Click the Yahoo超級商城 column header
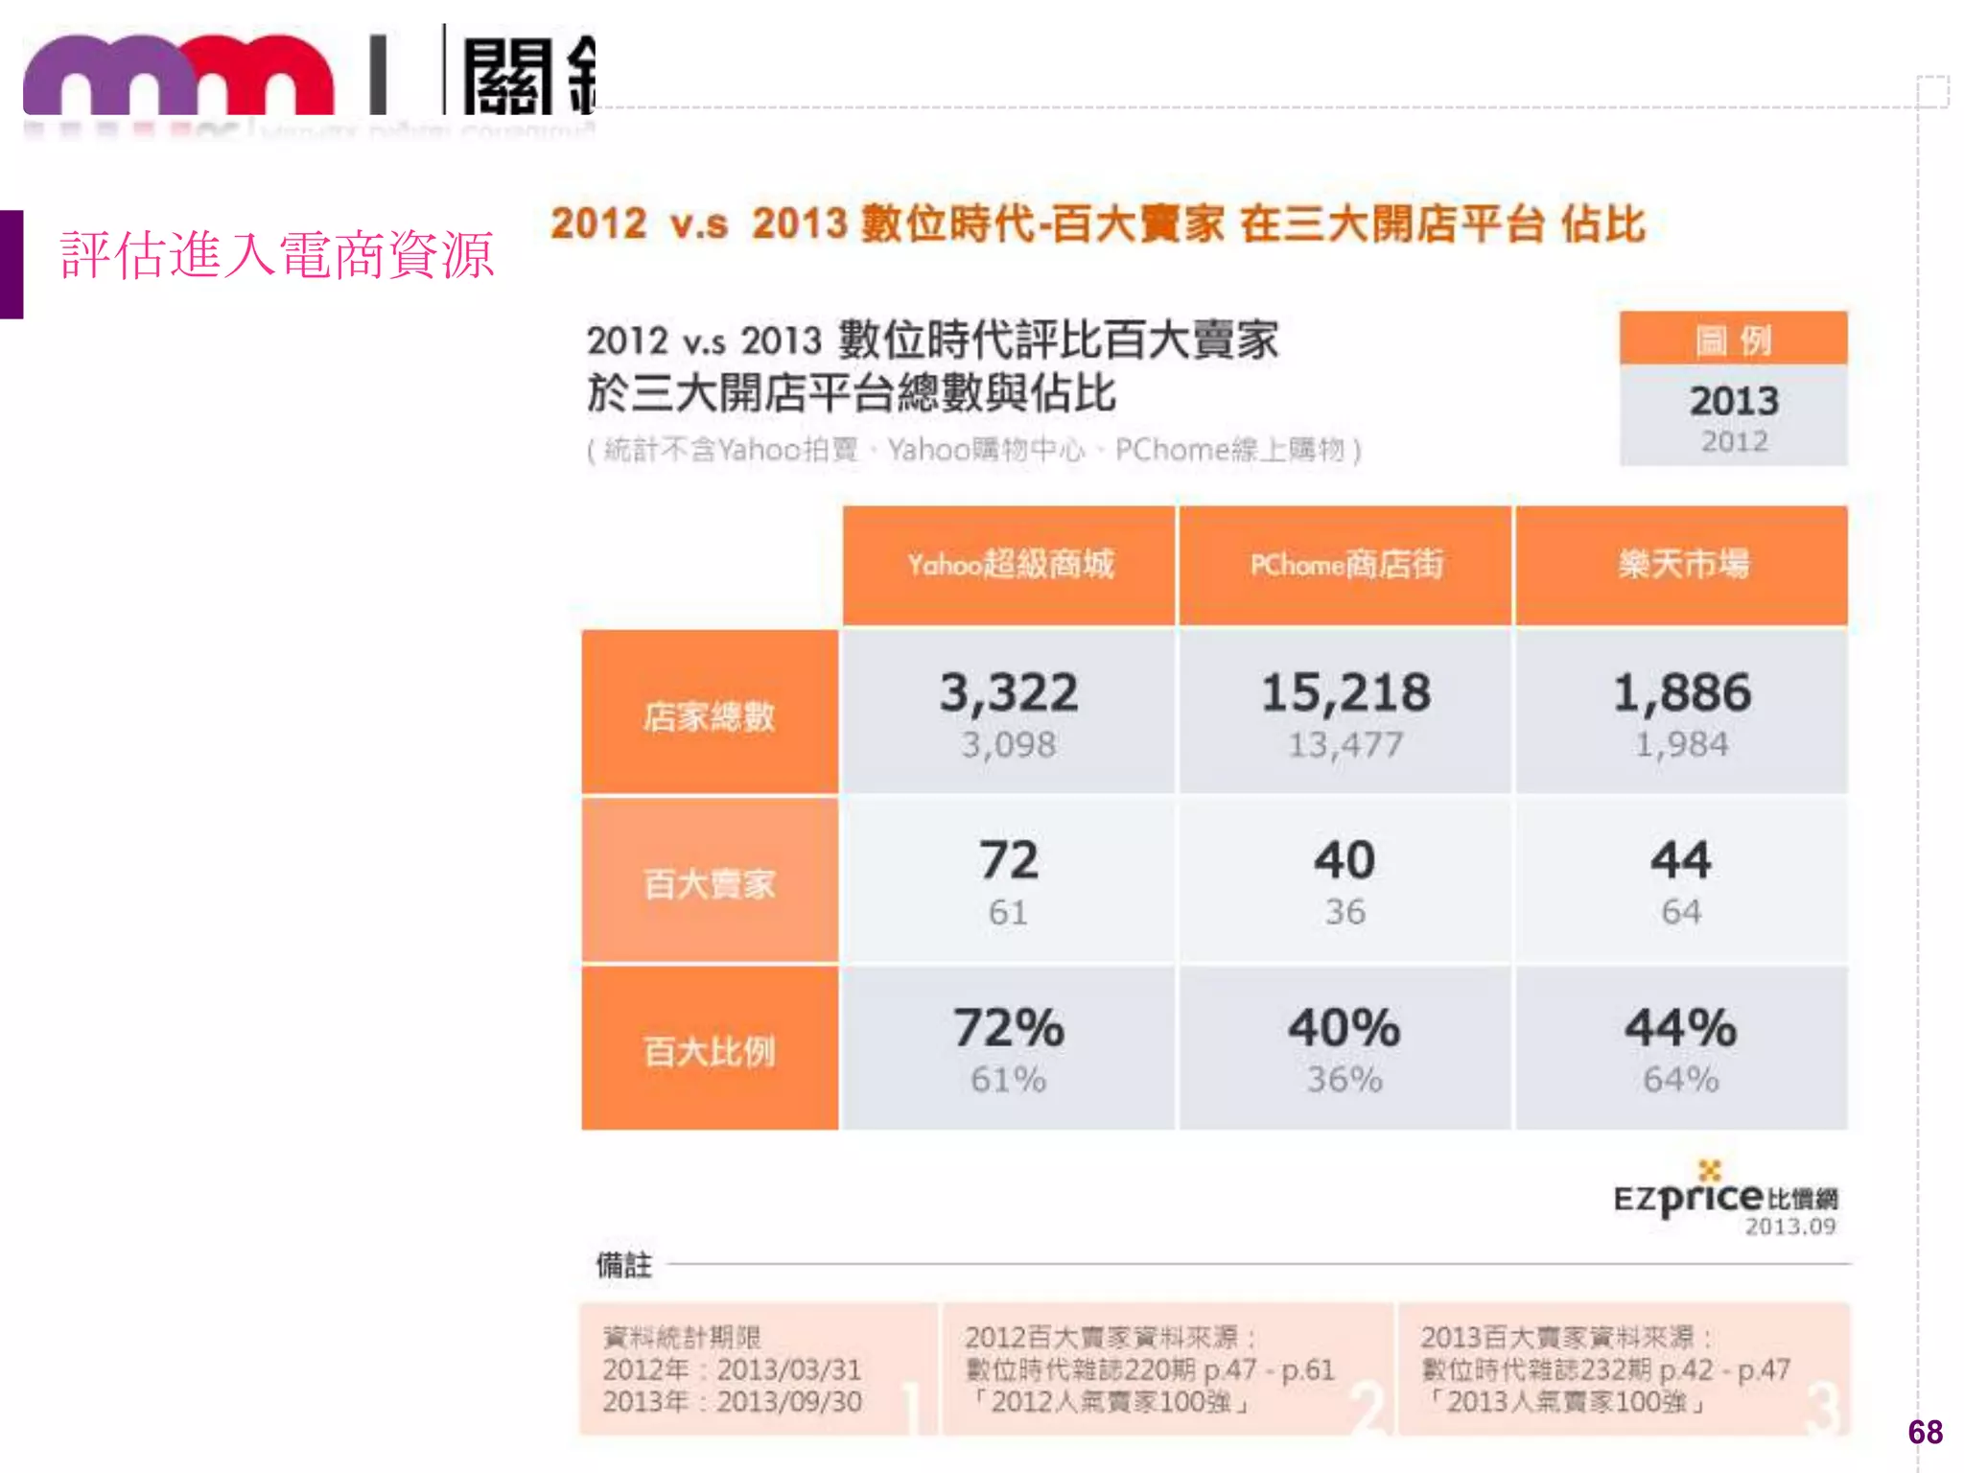[1010, 565]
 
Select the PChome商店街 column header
[1345, 565]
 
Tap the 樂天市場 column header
[1682, 565]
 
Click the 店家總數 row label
[709, 715]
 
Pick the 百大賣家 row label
[709, 883]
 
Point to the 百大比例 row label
[709, 1051]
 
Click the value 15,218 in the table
[1345, 692]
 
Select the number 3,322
[1009, 692]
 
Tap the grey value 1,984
[1681, 744]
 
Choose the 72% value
[1009, 1027]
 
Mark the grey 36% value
[1344, 1080]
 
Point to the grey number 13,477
[1345, 744]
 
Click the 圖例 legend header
[1733, 339]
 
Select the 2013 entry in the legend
[1734, 401]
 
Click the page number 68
[1925, 1432]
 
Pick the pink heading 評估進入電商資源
[277, 255]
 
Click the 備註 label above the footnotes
[623, 1265]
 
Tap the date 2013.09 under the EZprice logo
[1789, 1227]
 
